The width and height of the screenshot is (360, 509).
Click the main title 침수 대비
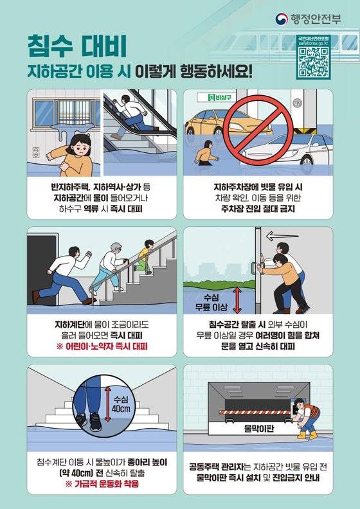tap(76, 46)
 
